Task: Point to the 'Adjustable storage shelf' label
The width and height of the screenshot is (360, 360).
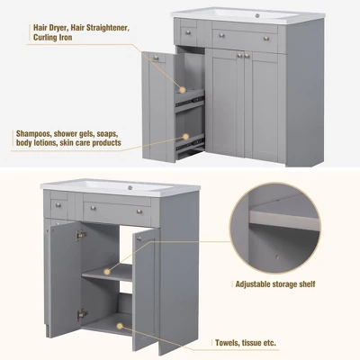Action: click(274, 284)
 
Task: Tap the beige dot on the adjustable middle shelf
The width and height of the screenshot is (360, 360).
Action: click(107, 270)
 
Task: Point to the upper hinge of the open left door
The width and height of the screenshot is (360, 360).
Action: click(80, 235)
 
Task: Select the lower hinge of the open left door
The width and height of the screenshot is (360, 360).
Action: click(80, 314)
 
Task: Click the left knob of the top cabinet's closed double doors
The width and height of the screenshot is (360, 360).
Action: click(238, 55)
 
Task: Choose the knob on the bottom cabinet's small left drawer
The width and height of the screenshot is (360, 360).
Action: click(58, 205)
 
